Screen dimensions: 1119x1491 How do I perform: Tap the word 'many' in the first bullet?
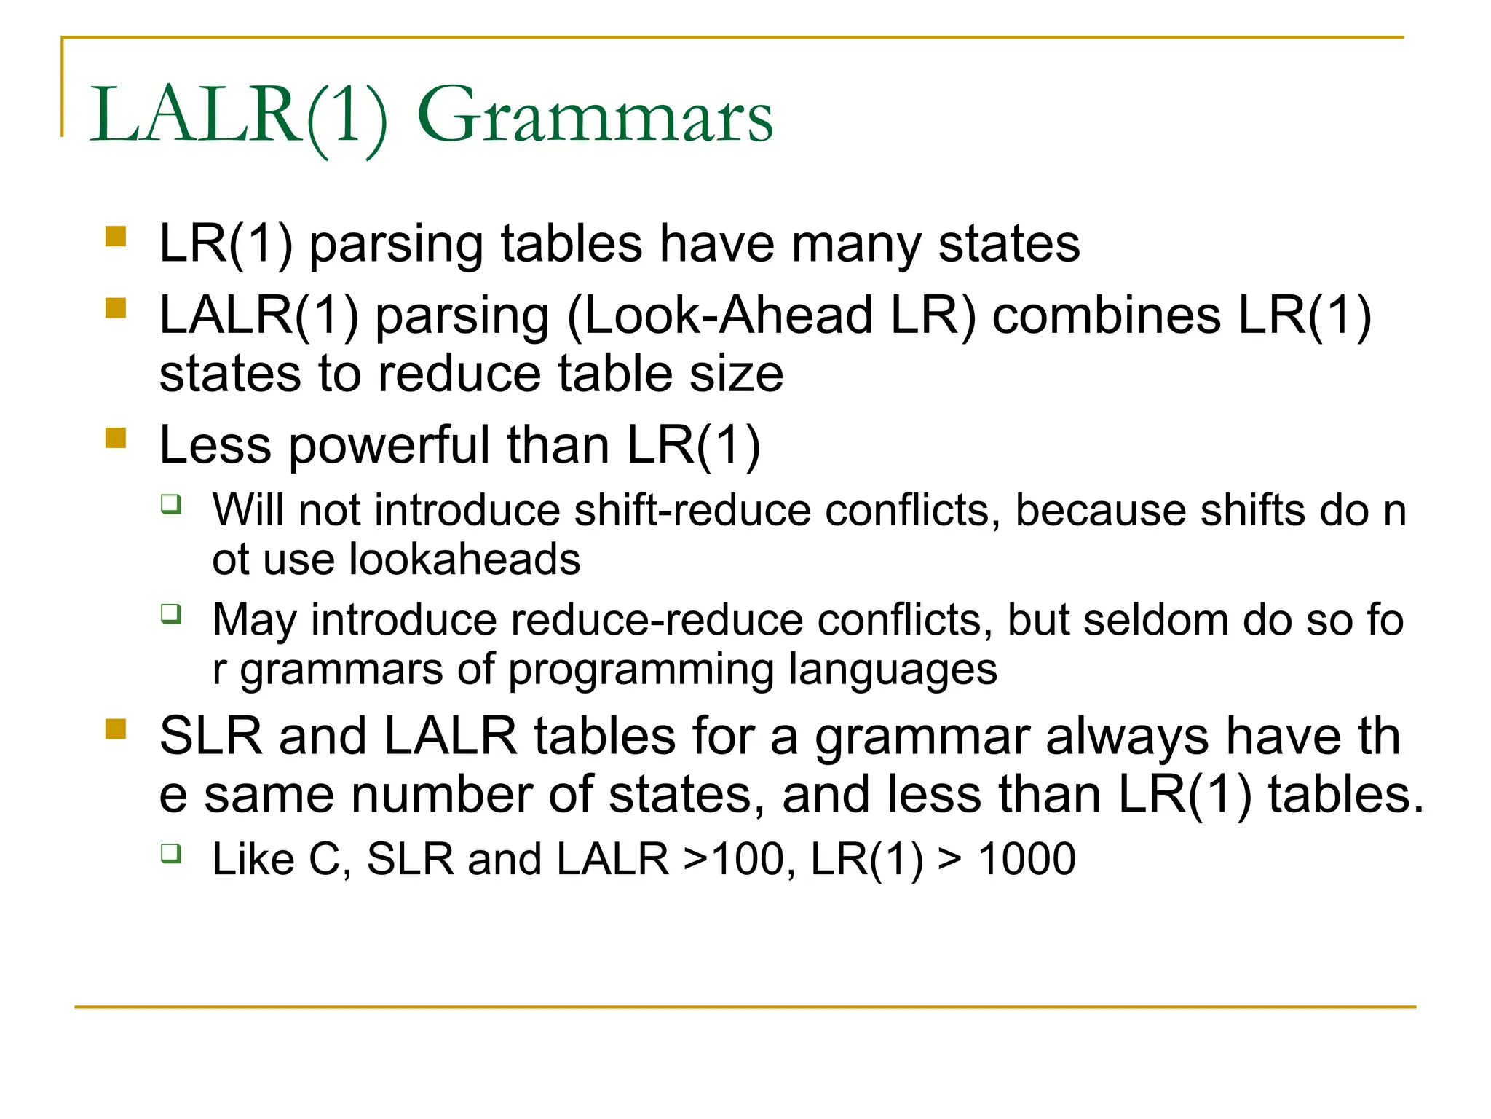coord(856,245)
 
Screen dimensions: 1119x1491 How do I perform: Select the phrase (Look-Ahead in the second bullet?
coord(719,316)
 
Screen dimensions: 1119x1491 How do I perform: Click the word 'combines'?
coord(1106,316)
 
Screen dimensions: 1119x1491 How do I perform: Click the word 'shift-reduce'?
coord(692,510)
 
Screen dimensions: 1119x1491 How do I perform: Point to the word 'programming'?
coord(641,670)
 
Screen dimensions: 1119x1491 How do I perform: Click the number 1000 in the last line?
coord(1027,860)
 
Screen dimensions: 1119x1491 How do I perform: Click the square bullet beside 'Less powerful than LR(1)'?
coord(116,438)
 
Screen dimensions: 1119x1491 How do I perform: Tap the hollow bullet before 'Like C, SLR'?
coord(171,852)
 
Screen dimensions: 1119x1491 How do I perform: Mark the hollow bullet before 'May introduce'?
coord(171,613)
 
